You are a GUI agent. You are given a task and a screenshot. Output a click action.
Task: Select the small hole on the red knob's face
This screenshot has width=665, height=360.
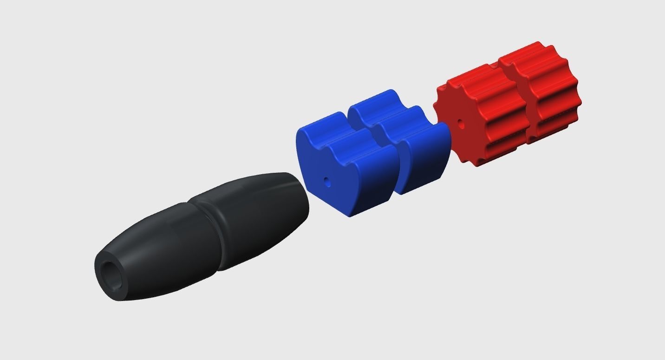pos(460,124)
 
